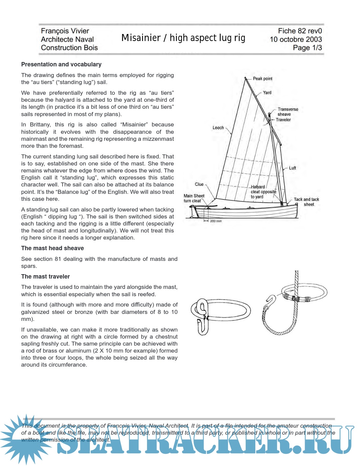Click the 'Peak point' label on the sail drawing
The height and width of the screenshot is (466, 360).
click(x=262, y=79)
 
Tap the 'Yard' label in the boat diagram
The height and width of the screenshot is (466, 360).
click(x=267, y=93)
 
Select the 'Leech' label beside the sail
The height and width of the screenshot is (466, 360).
click(x=218, y=128)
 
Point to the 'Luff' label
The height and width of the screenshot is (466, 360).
click(x=292, y=168)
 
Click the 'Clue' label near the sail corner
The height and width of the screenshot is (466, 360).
click(x=199, y=184)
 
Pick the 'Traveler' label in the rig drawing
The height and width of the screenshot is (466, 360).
click(x=283, y=120)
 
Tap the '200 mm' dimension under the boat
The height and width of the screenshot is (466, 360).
click(x=216, y=221)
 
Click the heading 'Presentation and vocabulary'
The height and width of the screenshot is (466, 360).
click(x=61, y=64)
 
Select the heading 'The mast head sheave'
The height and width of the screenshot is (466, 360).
click(x=52, y=248)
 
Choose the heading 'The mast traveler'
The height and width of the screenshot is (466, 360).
click(x=45, y=277)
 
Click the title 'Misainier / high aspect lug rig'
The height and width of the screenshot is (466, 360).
click(x=183, y=38)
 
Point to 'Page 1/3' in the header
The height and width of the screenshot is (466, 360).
click(x=307, y=48)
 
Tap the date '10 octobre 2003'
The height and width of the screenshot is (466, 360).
click(x=296, y=39)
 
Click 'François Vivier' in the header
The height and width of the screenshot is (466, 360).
click(x=65, y=31)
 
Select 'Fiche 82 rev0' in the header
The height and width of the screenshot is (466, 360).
click(x=300, y=31)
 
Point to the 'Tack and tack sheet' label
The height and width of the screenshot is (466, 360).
click(x=306, y=202)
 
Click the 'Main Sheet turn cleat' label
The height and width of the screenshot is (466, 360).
click(x=194, y=198)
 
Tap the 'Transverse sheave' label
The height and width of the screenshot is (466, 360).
click(x=288, y=112)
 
